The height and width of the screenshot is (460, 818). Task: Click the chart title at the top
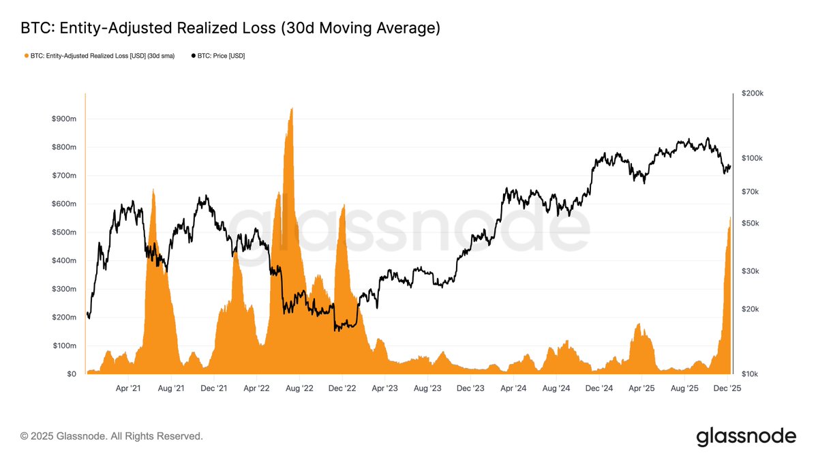coord(230,28)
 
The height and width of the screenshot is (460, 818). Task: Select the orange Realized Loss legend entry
coord(100,56)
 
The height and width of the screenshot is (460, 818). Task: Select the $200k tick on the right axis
coord(752,93)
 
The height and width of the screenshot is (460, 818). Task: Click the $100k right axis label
coord(752,158)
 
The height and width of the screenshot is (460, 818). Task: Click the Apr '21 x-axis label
coord(128,388)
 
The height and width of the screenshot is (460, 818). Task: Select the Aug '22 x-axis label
coord(299,388)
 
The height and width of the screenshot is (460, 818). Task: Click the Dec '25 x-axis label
coord(727,388)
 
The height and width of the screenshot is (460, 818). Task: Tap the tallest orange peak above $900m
coord(292,108)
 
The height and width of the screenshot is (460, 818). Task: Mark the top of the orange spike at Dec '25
coord(730,217)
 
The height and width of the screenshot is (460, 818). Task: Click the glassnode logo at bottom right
coord(746,437)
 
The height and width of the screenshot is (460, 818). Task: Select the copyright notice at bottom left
coord(112,436)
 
